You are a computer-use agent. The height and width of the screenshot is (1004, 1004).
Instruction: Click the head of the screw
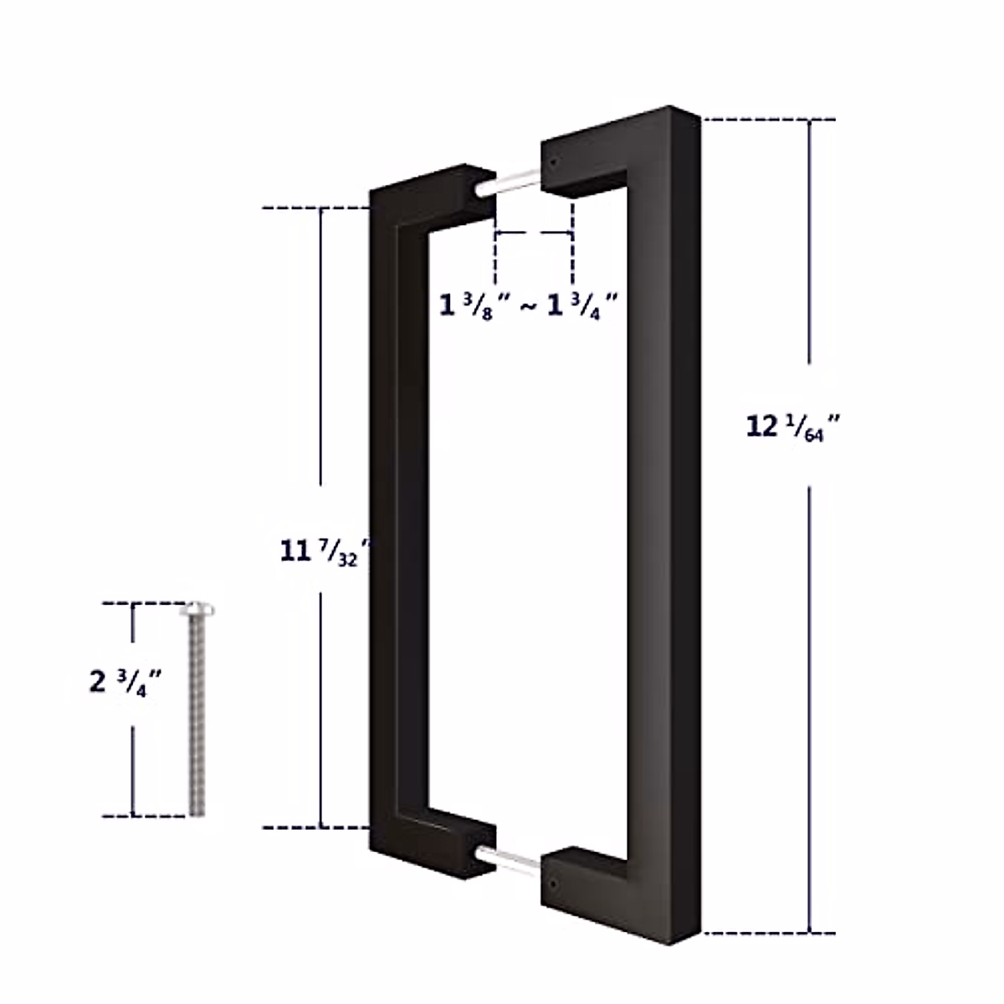(197, 608)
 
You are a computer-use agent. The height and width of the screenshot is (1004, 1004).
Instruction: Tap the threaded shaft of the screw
(197, 720)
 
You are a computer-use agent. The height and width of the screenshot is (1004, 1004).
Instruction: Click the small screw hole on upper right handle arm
(555, 160)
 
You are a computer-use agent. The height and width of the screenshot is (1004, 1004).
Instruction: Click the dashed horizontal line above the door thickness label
(534, 234)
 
